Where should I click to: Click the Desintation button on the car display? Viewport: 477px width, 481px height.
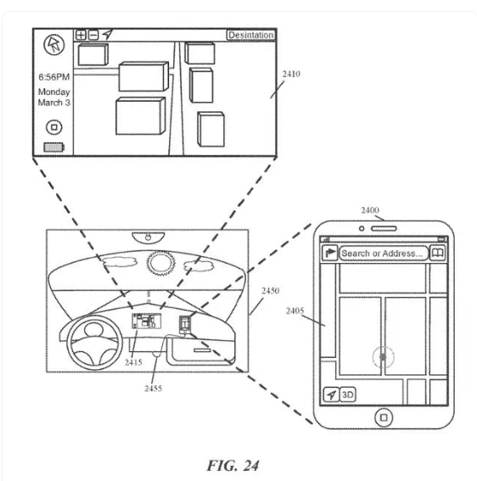click(x=250, y=35)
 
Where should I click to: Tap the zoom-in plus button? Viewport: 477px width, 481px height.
click(x=81, y=35)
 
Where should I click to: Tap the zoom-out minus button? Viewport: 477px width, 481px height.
click(x=93, y=35)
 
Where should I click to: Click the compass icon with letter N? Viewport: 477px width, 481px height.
click(x=54, y=45)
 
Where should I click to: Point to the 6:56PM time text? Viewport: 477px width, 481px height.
click(x=54, y=76)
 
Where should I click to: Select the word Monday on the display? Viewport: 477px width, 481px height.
click(x=54, y=92)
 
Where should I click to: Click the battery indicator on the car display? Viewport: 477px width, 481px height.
click(x=54, y=148)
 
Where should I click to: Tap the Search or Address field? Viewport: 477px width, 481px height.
click(x=383, y=254)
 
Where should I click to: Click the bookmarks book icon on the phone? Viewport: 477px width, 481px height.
click(x=438, y=253)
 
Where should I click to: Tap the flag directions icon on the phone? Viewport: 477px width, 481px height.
click(x=330, y=253)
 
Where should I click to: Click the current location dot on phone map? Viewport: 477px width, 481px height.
click(x=383, y=357)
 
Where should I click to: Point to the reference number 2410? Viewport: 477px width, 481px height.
click(x=291, y=74)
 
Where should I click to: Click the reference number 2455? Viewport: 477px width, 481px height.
click(x=153, y=389)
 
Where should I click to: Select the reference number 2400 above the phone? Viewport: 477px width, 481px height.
click(x=370, y=210)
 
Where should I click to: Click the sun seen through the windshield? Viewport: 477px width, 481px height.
click(x=160, y=263)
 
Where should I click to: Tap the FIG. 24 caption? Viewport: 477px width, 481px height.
click(x=233, y=466)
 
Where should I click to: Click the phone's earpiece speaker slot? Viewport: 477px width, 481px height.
click(x=384, y=228)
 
